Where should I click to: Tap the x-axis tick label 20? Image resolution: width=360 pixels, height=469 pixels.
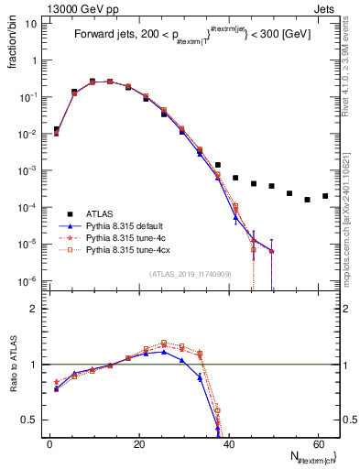(138, 443)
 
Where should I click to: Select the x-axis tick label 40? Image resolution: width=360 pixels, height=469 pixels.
(228, 443)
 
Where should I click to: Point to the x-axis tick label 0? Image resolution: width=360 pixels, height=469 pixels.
(49, 443)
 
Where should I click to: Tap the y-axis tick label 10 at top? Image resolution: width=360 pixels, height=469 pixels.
(30, 24)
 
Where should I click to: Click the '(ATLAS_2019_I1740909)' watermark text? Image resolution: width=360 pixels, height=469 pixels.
(191, 274)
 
